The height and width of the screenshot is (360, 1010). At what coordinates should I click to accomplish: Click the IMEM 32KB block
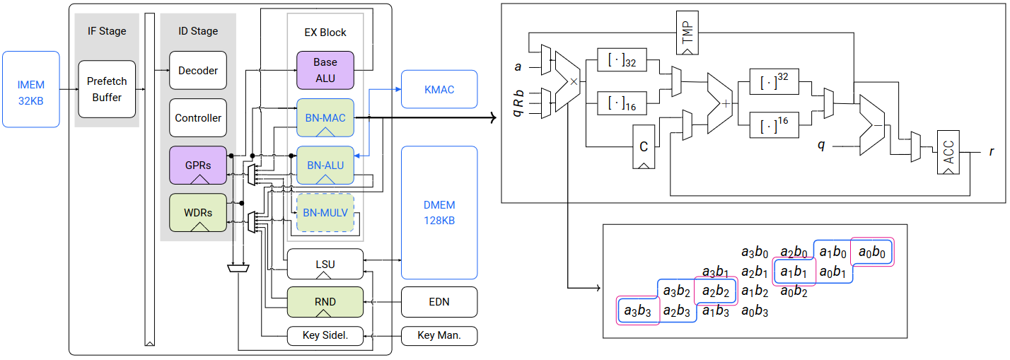[30, 89]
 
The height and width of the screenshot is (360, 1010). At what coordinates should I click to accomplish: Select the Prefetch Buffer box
[107, 89]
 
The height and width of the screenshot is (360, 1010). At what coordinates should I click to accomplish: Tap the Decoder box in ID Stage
[198, 71]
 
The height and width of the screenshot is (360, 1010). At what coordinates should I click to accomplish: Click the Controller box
[198, 117]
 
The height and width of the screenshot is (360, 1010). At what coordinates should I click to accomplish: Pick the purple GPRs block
[198, 165]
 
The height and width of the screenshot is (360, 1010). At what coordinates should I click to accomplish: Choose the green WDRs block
[198, 212]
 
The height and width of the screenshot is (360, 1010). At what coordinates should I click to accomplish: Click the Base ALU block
[325, 71]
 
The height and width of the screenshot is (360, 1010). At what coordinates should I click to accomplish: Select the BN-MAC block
[325, 117]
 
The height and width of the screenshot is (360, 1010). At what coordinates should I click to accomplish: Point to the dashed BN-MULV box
[325, 212]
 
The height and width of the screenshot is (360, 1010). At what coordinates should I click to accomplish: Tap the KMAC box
[439, 89]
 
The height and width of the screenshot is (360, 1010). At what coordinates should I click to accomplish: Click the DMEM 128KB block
[439, 212]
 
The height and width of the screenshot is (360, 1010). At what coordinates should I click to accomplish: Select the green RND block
[325, 302]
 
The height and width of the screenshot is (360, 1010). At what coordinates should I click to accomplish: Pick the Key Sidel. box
[325, 336]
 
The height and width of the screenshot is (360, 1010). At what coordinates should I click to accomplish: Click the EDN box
[439, 302]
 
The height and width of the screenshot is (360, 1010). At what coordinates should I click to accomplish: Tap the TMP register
[687, 33]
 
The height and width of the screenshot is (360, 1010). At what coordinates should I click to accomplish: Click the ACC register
[948, 152]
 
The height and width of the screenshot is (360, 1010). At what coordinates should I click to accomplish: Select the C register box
[644, 146]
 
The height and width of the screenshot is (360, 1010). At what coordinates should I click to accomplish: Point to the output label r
[992, 151]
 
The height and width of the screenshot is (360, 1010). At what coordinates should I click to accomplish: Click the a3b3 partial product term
[637, 310]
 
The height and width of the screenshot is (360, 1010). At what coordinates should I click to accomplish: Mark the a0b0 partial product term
[872, 252]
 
